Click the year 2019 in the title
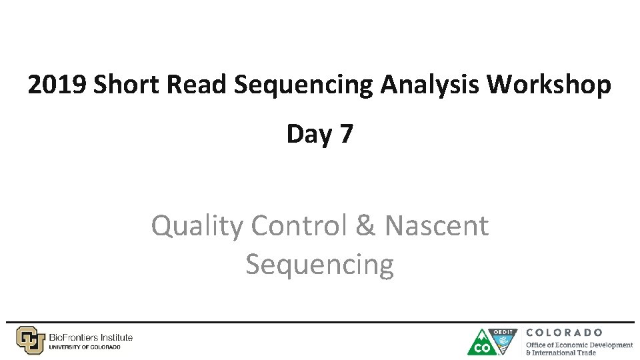click(57, 85)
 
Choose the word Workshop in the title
click(549, 85)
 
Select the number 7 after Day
click(345, 134)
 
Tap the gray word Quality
click(197, 226)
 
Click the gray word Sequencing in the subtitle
click(319, 264)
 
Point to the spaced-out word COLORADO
click(565, 332)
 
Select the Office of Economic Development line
click(579, 345)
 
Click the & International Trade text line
click(561, 353)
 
